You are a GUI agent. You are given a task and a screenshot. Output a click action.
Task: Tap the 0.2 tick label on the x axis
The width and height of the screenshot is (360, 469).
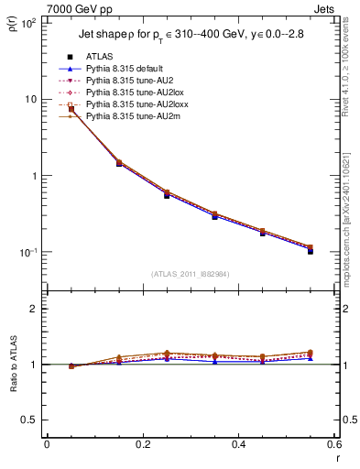click(142, 445)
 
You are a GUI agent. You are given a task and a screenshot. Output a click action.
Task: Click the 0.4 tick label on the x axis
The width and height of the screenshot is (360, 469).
click(238, 445)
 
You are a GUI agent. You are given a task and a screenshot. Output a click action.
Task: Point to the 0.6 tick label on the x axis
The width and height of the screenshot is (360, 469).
click(333, 445)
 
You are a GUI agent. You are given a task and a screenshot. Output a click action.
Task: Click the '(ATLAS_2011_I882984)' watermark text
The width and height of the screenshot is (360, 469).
click(192, 274)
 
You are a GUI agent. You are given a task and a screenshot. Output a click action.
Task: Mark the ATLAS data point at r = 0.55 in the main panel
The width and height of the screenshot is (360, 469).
click(310, 250)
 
